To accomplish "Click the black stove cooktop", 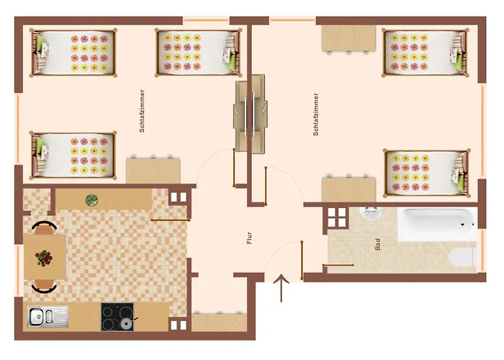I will click(x=117, y=317).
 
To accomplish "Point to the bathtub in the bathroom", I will click(x=436, y=225).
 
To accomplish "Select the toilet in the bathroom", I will click(x=461, y=255).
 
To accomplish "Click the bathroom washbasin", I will click(x=372, y=213).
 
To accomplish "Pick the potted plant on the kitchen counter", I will click(x=92, y=199).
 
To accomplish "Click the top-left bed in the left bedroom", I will click(x=72, y=53).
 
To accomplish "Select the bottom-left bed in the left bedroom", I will click(x=73, y=153).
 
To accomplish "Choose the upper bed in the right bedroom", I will click(x=424, y=51).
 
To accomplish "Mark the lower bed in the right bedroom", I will click(x=425, y=172).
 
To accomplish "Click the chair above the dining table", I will click(x=44, y=226).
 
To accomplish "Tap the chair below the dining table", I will click(x=44, y=288).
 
